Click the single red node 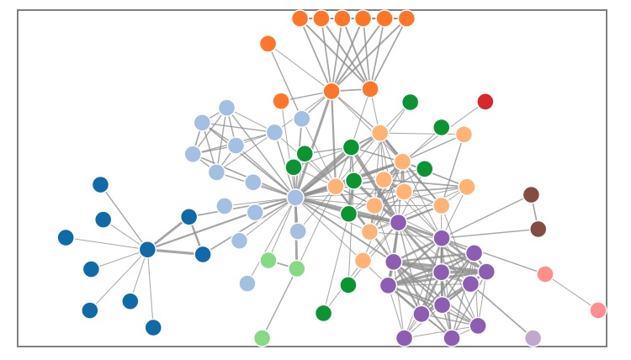click(485, 102)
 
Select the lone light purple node click(533, 338)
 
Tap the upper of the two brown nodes click(531, 195)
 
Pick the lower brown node click(538, 229)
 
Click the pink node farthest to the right click(598, 310)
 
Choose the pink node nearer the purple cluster click(545, 274)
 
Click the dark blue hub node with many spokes click(147, 249)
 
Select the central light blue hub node click(295, 197)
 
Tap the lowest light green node click(262, 338)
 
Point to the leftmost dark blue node click(66, 237)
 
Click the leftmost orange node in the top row click(300, 19)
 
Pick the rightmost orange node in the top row click(406, 19)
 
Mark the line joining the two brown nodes click(535, 212)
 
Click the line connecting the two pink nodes click(572, 293)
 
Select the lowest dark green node click(323, 313)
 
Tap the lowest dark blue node click(153, 327)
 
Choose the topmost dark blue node click(100, 184)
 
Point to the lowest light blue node click(247, 283)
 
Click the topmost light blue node click(226, 108)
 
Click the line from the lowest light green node click(279, 304)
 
